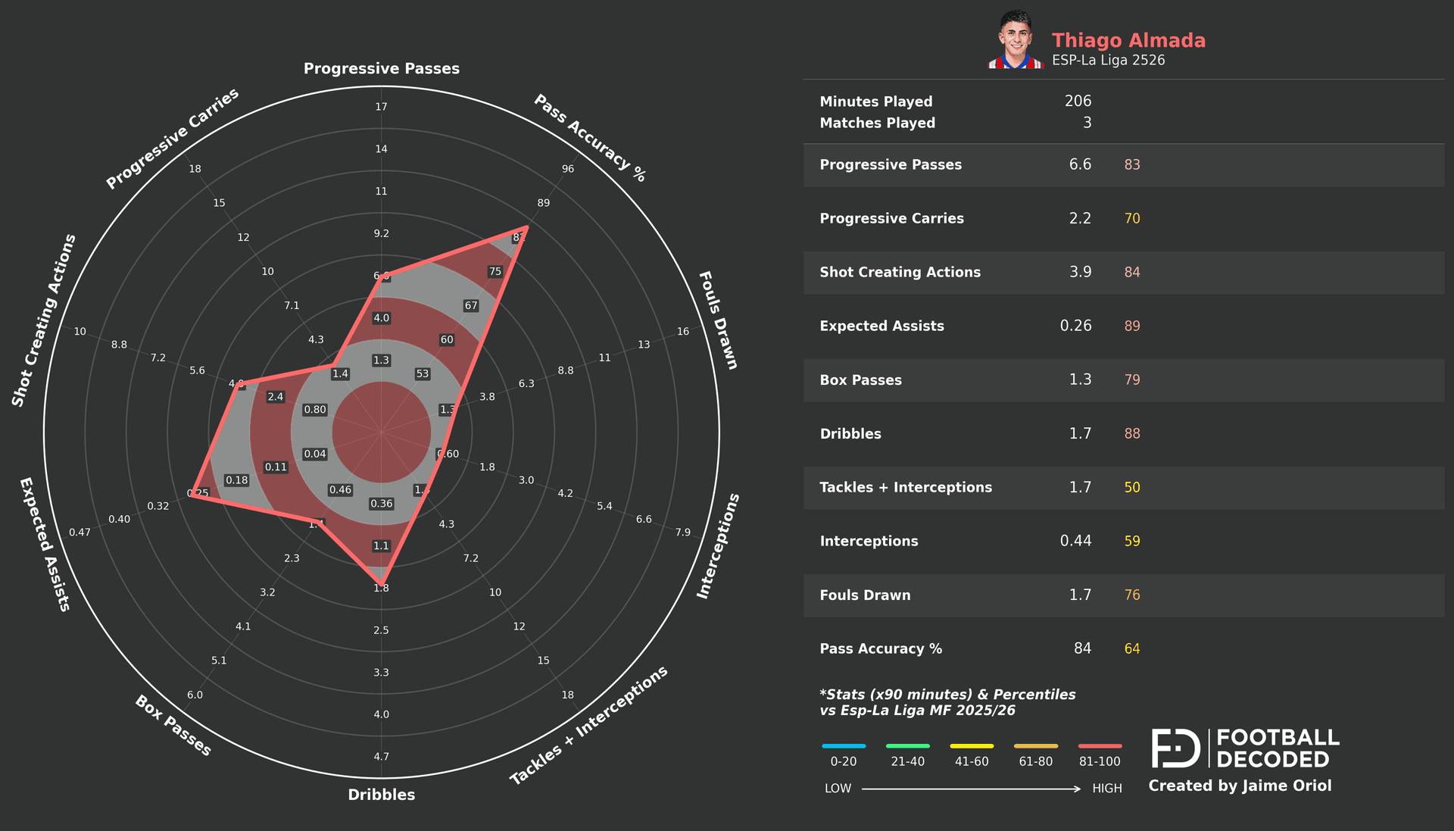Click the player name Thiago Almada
pos(1128,40)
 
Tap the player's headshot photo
pos(1016,40)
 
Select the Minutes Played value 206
pos(1078,101)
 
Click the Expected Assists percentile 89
pos(1131,326)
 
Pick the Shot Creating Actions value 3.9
pos(1080,272)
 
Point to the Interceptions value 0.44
pos(1075,541)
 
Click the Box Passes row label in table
pos(860,380)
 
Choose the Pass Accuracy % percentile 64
pos(1131,648)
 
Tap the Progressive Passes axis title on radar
pos(382,69)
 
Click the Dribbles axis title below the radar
pos(382,795)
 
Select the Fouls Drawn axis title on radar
pos(717,320)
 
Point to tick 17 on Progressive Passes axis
pos(382,107)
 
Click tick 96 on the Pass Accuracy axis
pos(568,169)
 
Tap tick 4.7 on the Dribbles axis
pos(382,757)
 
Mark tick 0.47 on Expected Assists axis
pos(80,533)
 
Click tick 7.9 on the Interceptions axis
pos(683,533)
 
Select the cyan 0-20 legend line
pos(844,746)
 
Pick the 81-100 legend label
pos(1100,761)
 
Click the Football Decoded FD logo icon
pos(1175,748)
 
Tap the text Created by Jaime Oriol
pos(1240,786)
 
